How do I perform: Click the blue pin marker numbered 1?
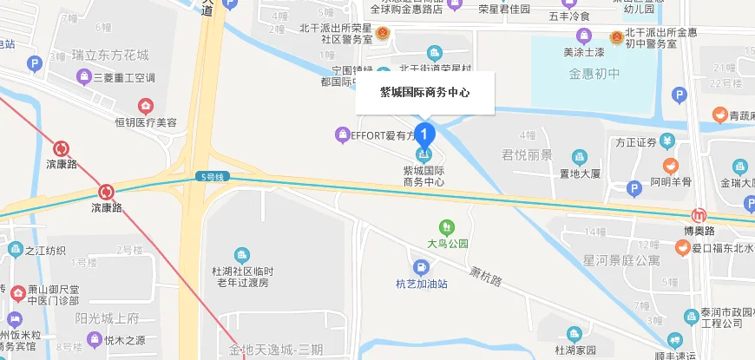click(424, 134)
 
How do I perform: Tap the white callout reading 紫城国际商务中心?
click(425, 91)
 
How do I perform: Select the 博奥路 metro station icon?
click(699, 215)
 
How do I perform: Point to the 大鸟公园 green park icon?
click(446, 227)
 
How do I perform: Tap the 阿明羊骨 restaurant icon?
click(670, 166)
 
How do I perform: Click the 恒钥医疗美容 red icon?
click(145, 106)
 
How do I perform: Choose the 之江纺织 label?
click(45, 252)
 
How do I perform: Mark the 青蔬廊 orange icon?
click(719, 114)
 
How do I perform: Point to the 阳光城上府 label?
click(107, 317)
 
